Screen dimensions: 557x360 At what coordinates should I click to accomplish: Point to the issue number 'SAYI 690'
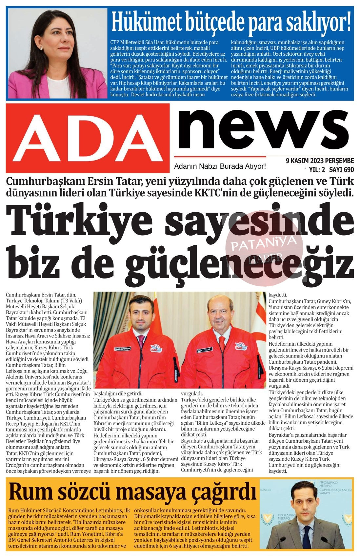pos(341,169)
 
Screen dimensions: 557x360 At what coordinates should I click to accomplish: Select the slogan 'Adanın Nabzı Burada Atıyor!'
pos(220,167)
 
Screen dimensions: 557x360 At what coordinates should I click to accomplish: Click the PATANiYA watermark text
pos(264,243)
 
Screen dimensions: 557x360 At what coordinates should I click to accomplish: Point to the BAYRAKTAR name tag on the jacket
pos(123,349)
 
